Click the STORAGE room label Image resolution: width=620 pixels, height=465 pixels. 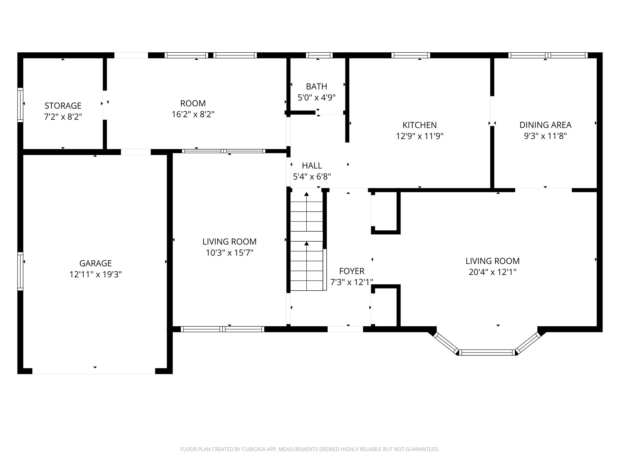click(x=63, y=106)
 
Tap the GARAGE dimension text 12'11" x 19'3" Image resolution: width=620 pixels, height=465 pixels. click(x=96, y=275)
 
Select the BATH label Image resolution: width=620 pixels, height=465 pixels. click(x=316, y=87)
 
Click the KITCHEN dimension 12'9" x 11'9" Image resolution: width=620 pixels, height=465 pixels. click(x=420, y=136)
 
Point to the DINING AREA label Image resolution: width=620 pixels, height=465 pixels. click(x=545, y=125)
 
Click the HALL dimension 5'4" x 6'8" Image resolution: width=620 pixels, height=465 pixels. click(x=312, y=176)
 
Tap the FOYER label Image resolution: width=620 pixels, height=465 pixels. click(x=351, y=271)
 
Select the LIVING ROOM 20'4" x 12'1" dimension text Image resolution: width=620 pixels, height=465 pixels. click(x=492, y=272)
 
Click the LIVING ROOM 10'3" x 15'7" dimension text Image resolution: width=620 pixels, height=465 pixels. click(x=229, y=253)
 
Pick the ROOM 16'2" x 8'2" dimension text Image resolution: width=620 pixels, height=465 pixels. click(x=193, y=114)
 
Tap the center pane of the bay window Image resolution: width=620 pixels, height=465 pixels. click(x=487, y=352)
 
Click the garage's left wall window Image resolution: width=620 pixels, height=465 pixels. click(x=20, y=271)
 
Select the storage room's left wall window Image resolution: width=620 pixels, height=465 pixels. click(x=20, y=105)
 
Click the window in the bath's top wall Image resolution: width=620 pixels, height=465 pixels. click(x=319, y=55)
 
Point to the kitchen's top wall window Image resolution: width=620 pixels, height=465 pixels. click(x=411, y=55)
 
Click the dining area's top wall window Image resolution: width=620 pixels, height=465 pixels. click(x=548, y=55)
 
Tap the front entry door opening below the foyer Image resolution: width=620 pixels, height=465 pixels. click(x=345, y=329)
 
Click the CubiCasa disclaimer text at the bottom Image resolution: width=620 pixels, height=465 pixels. click(x=310, y=449)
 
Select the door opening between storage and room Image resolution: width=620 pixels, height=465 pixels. click(x=105, y=105)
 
